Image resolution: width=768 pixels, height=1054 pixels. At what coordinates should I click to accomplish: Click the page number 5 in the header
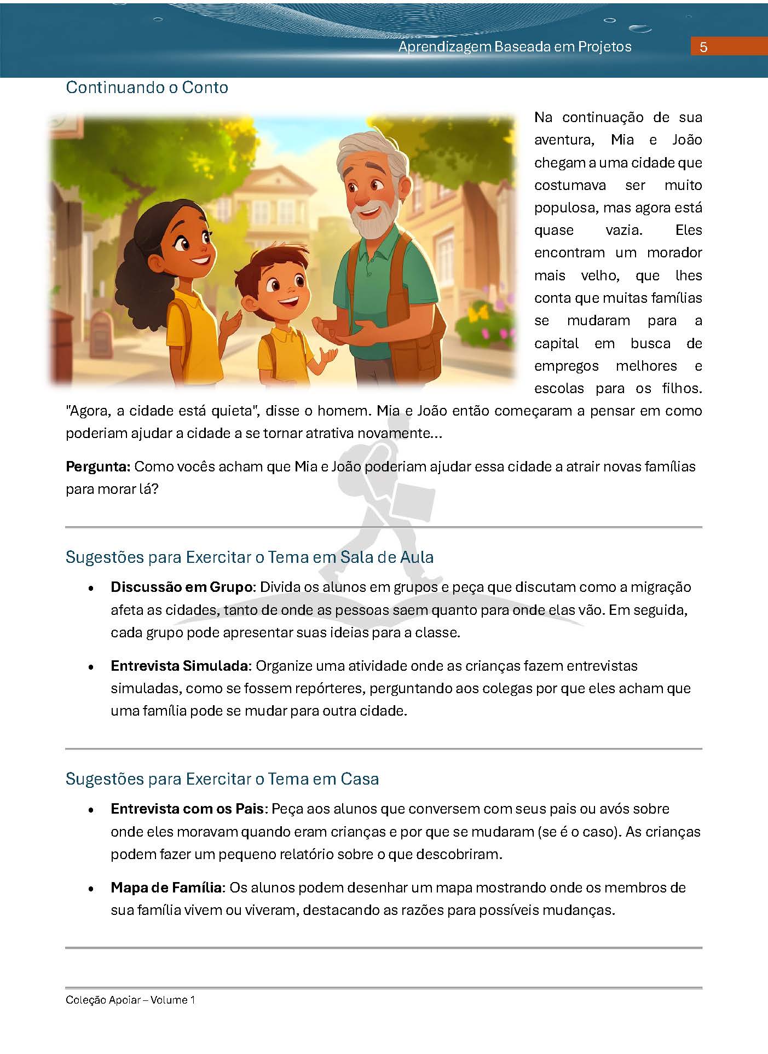tap(703, 47)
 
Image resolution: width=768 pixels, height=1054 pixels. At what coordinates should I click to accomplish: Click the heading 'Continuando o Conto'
tap(147, 88)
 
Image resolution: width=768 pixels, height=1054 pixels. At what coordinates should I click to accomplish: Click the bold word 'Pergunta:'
tap(98, 466)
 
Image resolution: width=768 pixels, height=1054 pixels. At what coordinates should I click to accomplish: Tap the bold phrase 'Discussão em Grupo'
tap(181, 587)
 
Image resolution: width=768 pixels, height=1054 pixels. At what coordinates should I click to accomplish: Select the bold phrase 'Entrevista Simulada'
tap(180, 666)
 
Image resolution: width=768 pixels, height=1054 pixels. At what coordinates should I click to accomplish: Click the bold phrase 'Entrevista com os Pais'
tap(187, 809)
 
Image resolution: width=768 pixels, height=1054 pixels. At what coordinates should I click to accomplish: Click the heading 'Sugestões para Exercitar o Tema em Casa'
tap(222, 779)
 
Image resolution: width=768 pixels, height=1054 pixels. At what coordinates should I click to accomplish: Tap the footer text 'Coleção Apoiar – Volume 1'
tap(130, 1000)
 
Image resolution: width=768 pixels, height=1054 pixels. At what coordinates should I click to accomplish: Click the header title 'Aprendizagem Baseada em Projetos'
tap(515, 47)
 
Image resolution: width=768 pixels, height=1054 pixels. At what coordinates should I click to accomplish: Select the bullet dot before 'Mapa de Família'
tap(92, 888)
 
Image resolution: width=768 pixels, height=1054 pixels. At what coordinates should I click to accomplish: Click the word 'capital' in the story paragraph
tap(556, 343)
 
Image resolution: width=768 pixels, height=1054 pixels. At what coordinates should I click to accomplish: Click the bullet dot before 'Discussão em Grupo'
tap(92, 588)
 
